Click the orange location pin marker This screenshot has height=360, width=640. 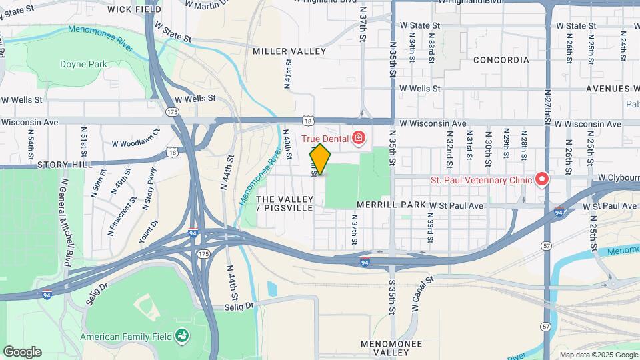pyautogui.click(x=320, y=159)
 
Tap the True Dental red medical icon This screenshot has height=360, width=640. pyautogui.click(x=359, y=138)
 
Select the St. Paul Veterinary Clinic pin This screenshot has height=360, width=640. pyautogui.click(x=542, y=179)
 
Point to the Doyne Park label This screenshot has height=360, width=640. pyautogui.click(x=83, y=64)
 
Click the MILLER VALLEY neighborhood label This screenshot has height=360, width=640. pyautogui.click(x=289, y=51)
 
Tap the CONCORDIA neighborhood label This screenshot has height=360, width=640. pyautogui.click(x=501, y=60)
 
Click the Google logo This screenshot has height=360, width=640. pyautogui.click(x=22, y=352)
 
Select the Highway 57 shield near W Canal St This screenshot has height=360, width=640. pyautogui.click(x=546, y=327)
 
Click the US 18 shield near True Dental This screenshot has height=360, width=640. pyautogui.click(x=307, y=121)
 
